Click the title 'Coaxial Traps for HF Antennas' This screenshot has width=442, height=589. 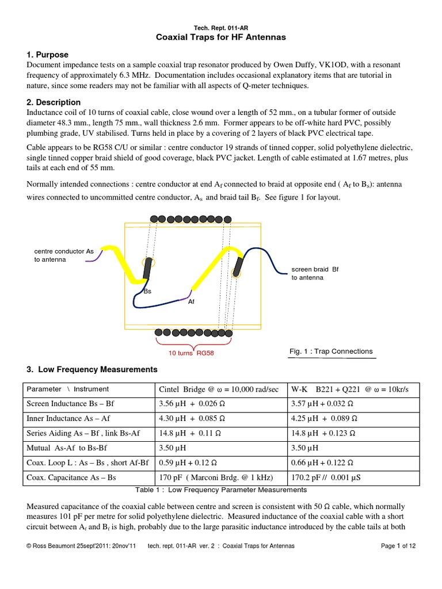(x=221, y=37)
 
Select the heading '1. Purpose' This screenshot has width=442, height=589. (x=47, y=55)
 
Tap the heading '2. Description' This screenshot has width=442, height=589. (x=54, y=102)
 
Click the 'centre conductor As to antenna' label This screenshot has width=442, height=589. (x=63, y=255)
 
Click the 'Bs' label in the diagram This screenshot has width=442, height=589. (x=147, y=292)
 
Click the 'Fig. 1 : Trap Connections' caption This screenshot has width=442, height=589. (x=330, y=351)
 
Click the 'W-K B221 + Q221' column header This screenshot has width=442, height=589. (x=351, y=389)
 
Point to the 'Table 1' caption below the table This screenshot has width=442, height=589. (x=220, y=490)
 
